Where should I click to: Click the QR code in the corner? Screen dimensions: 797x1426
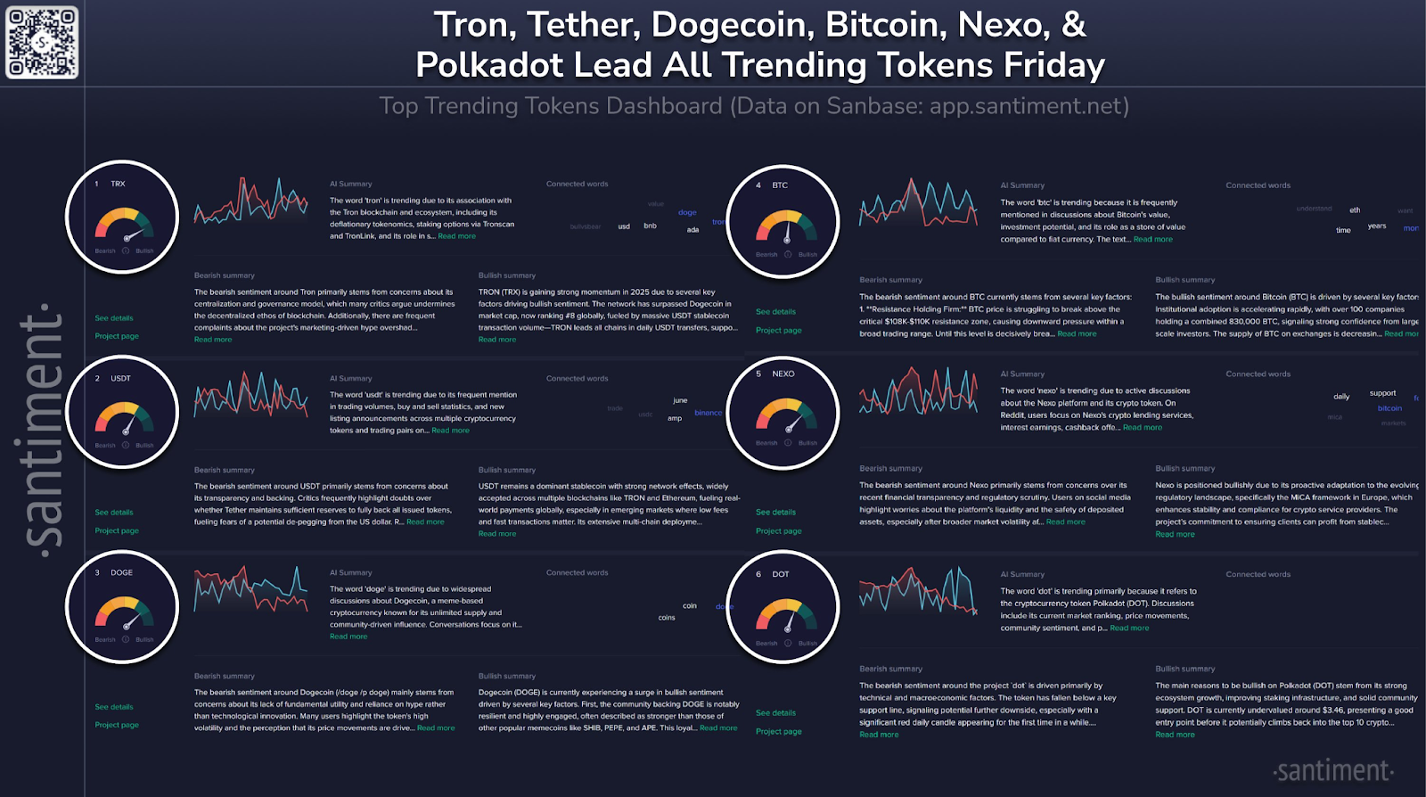coord(42,42)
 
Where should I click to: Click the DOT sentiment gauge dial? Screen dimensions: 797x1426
coord(784,614)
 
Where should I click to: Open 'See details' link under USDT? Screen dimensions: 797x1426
coord(114,513)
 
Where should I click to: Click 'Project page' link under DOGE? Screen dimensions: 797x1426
coord(117,725)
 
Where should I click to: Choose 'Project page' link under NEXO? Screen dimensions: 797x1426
coord(778,531)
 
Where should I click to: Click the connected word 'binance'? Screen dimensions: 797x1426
coord(709,413)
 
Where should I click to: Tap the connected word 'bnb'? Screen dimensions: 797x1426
coord(650,226)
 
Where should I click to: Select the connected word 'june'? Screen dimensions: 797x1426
coord(680,400)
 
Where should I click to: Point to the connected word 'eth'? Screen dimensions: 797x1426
coord(1355,210)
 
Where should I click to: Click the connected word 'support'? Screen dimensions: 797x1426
coord(1382,393)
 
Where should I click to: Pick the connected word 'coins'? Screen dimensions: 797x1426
coord(667,618)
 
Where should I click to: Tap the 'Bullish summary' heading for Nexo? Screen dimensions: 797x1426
coord(1184,468)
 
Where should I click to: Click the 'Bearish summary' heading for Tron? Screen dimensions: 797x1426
coord(225,275)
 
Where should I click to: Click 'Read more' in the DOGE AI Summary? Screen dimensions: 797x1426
coord(348,637)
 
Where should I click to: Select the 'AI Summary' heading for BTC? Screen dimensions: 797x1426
coord(1022,185)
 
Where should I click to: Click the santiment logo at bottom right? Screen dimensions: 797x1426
coord(1333,770)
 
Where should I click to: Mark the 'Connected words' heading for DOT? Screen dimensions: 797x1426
coord(1258,574)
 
